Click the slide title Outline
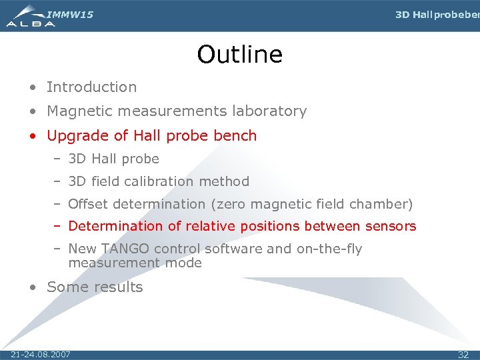(239, 55)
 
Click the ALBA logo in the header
(30, 16)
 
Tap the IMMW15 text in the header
(70, 14)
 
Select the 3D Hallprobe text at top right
(437, 15)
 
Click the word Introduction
(91, 87)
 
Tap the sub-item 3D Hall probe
(113, 159)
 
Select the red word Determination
(116, 226)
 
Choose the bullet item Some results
(95, 287)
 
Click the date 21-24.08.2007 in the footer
(41, 354)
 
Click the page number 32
(463, 355)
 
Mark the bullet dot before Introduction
(33, 87)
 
